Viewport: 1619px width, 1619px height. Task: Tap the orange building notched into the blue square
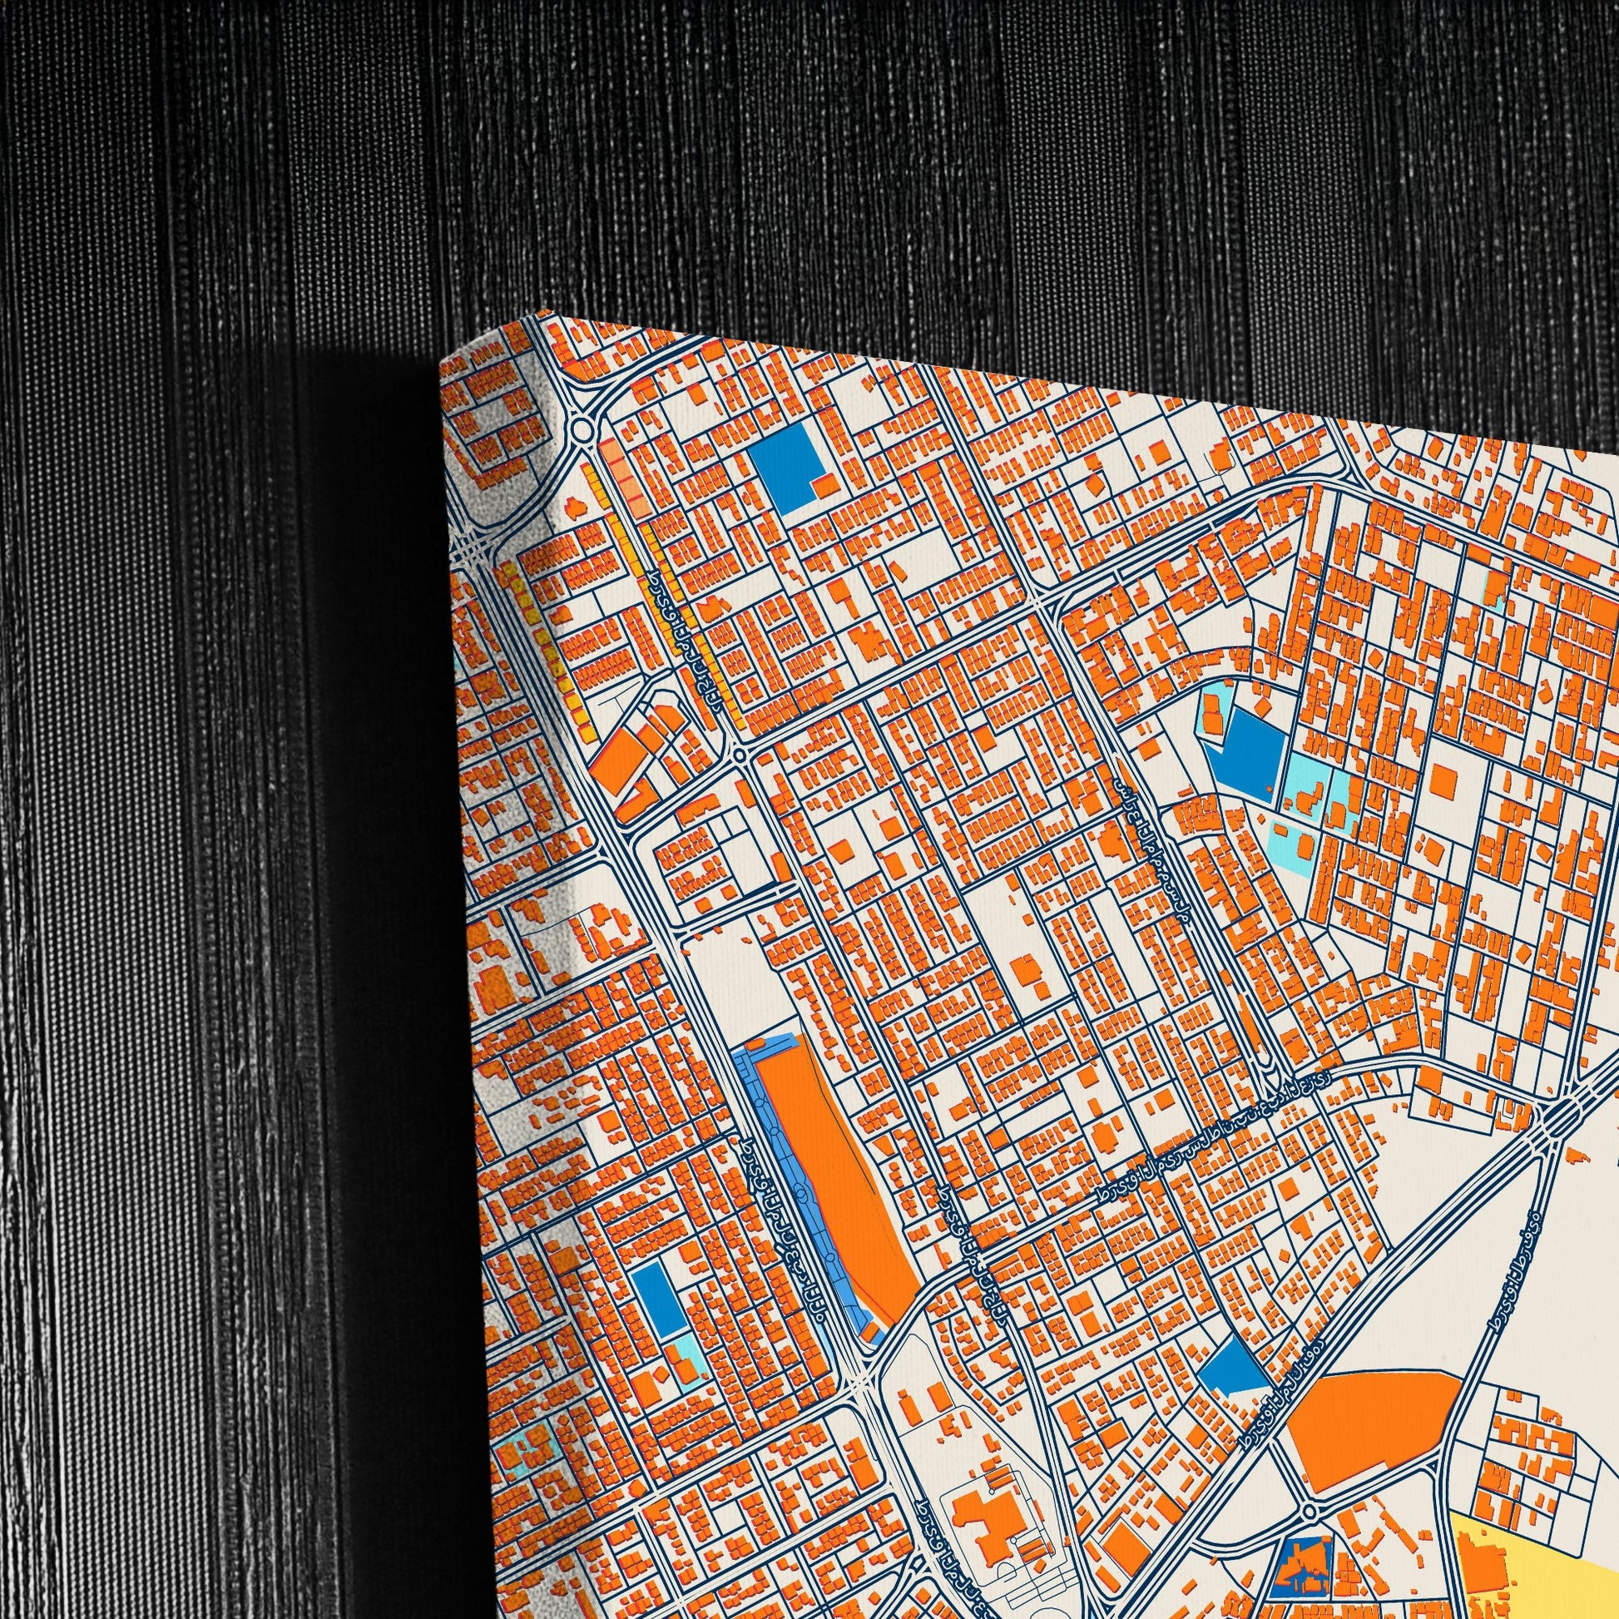pos(825,486)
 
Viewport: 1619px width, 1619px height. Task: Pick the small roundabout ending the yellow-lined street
pos(738,756)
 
